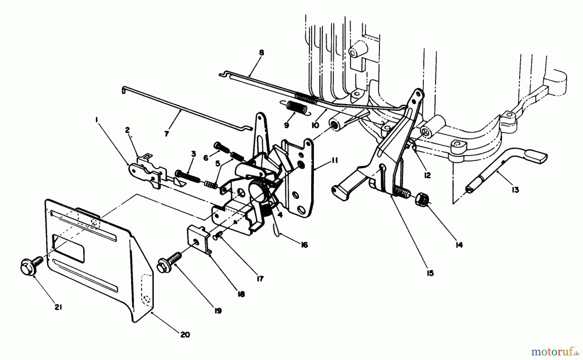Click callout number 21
point(59,306)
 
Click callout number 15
point(430,273)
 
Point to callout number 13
point(515,190)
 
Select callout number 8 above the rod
point(261,52)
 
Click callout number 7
point(166,134)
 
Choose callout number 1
point(96,120)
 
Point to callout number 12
point(427,175)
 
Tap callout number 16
point(304,245)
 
